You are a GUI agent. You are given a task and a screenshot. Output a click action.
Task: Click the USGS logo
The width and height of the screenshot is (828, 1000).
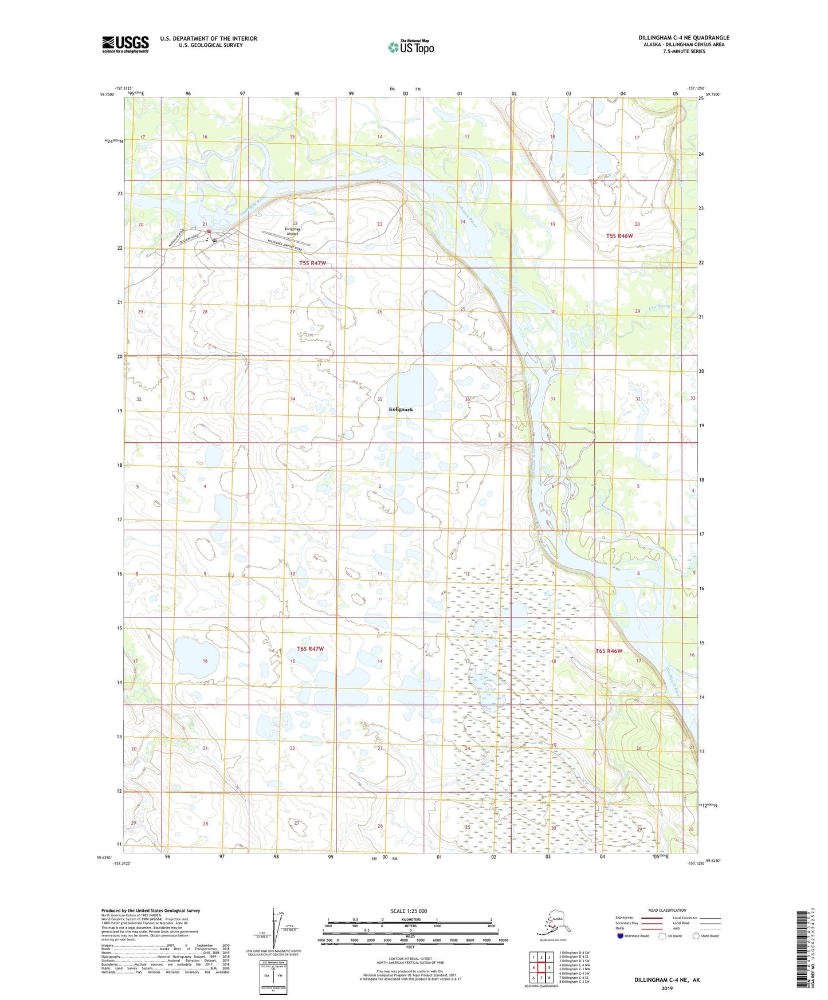point(125,44)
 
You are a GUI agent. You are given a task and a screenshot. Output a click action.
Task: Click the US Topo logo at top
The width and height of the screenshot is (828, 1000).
point(410,47)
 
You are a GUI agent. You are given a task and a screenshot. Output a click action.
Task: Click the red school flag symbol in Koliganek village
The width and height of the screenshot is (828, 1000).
point(210,231)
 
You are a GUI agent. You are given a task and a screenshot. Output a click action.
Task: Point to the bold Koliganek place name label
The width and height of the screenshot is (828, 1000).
point(401,410)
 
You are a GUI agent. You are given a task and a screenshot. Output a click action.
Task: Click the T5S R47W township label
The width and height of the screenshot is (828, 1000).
point(312,263)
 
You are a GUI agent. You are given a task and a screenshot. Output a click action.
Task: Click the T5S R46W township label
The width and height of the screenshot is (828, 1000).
point(619,236)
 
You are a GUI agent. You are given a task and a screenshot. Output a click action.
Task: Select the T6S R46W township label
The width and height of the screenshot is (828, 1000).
point(609,651)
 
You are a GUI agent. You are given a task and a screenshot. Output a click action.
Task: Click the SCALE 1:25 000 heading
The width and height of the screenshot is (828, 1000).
point(409,911)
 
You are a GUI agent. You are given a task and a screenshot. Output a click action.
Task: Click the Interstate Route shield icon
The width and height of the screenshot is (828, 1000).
point(620,936)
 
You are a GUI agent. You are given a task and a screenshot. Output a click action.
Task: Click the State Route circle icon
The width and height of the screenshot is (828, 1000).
point(696,936)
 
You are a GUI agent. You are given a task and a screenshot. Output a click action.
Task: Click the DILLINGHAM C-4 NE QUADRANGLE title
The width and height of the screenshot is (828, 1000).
point(684,38)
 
